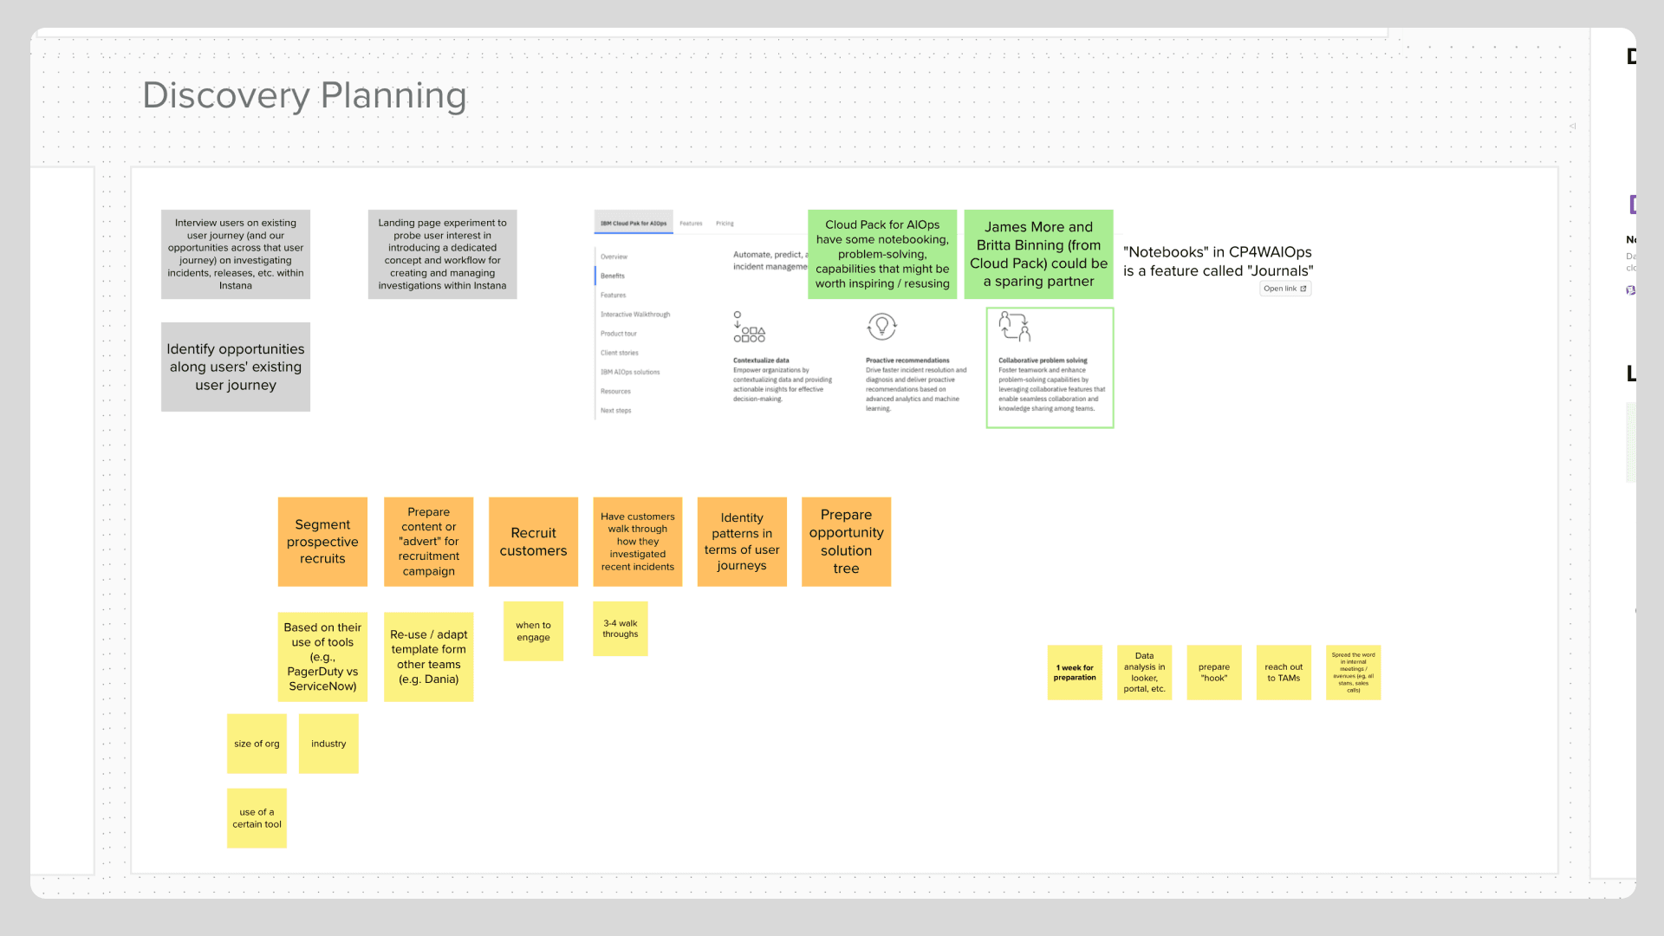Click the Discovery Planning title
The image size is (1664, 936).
click(x=304, y=95)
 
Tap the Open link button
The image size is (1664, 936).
click(x=1284, y=289)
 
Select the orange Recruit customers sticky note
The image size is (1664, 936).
click(x=533, y=542)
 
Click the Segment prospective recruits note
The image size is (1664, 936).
click(x=322, y=542)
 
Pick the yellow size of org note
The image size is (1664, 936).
click(x=257, y=744)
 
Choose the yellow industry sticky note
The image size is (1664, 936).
click(x=328, y=744)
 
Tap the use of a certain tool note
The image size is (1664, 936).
click(x=257, y=818)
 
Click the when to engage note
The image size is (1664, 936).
click(x=533, y=631)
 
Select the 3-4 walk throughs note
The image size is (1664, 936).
click(x=621, y=628)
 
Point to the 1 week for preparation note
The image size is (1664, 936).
click(x=1075, y=673)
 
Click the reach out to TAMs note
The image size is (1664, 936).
click(x=1284, y=673)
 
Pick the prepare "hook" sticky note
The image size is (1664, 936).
click(x=1214, y=673)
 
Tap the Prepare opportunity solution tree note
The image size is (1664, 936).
click(x=846, y=542)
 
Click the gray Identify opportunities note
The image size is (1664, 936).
click(x=236, y=367)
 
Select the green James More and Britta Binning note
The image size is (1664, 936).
click(x=1038, y=254)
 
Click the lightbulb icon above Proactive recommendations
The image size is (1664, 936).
click(x=881, y=327)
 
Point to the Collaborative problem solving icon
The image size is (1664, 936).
click(x=1014, y=327)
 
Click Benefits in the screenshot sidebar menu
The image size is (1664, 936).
click(x=613, y=276)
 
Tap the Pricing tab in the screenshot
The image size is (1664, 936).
click(x=725, y=224)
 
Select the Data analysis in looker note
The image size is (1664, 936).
click(x=1144, y=673)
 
